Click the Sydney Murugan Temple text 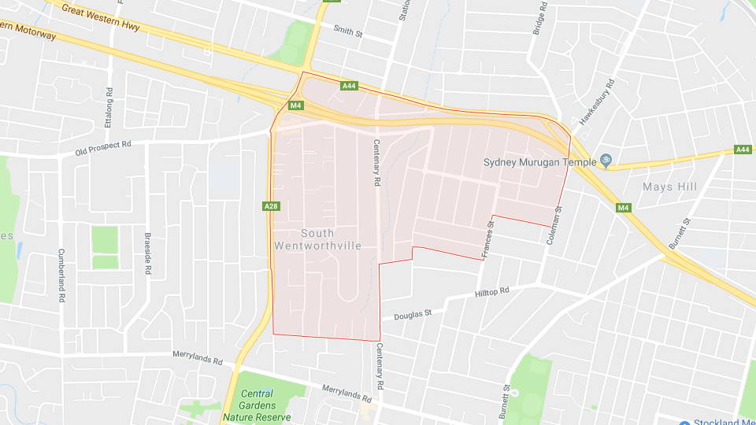click(x=539, y=162)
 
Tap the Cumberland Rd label click(x=61, y=276)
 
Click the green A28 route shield click(x=270, y=206)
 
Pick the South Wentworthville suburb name click(x=317, y=239)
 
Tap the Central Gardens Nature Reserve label click(x=257, y=405)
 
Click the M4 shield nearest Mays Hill click(x=624, y=208)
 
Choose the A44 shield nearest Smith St click(x=350, y=86)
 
